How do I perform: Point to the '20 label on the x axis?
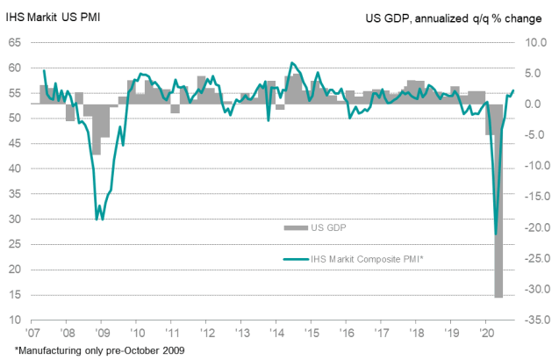485,334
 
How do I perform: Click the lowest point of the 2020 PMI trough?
496,234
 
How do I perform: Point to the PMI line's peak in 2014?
292,62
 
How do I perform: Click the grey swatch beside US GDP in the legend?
294,228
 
